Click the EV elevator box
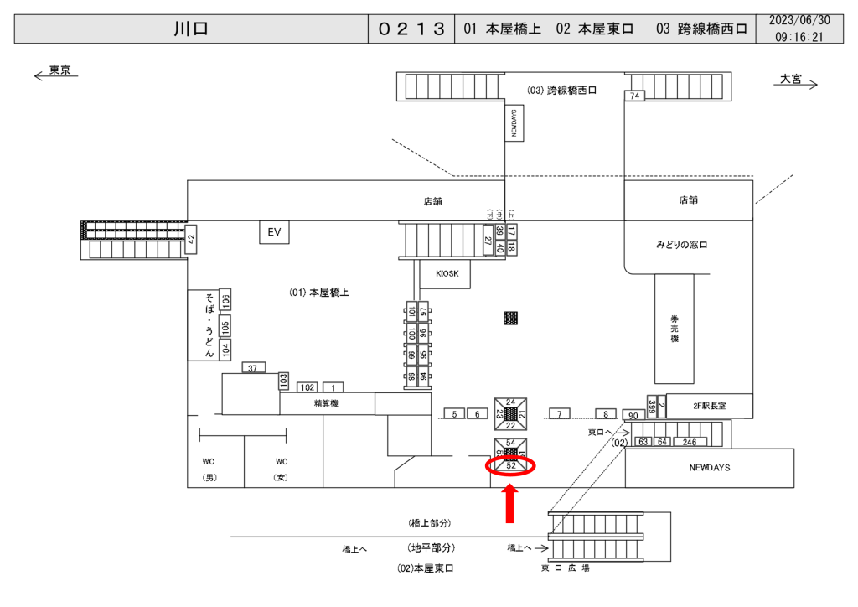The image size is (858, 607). [273, 232]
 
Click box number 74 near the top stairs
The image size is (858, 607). [635, 96]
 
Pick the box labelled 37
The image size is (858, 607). [253, 368]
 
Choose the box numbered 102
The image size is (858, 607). [308, 387]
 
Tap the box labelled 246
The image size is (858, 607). [690, 442]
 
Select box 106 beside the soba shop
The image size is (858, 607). [225, 301]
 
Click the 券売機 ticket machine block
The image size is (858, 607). [674, 328]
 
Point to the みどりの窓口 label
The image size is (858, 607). [682, 246]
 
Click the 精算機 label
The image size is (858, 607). [326, 404]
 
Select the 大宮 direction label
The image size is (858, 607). [791, 79]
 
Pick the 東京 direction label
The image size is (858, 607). [59, 70]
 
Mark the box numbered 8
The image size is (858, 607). [605, 414]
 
